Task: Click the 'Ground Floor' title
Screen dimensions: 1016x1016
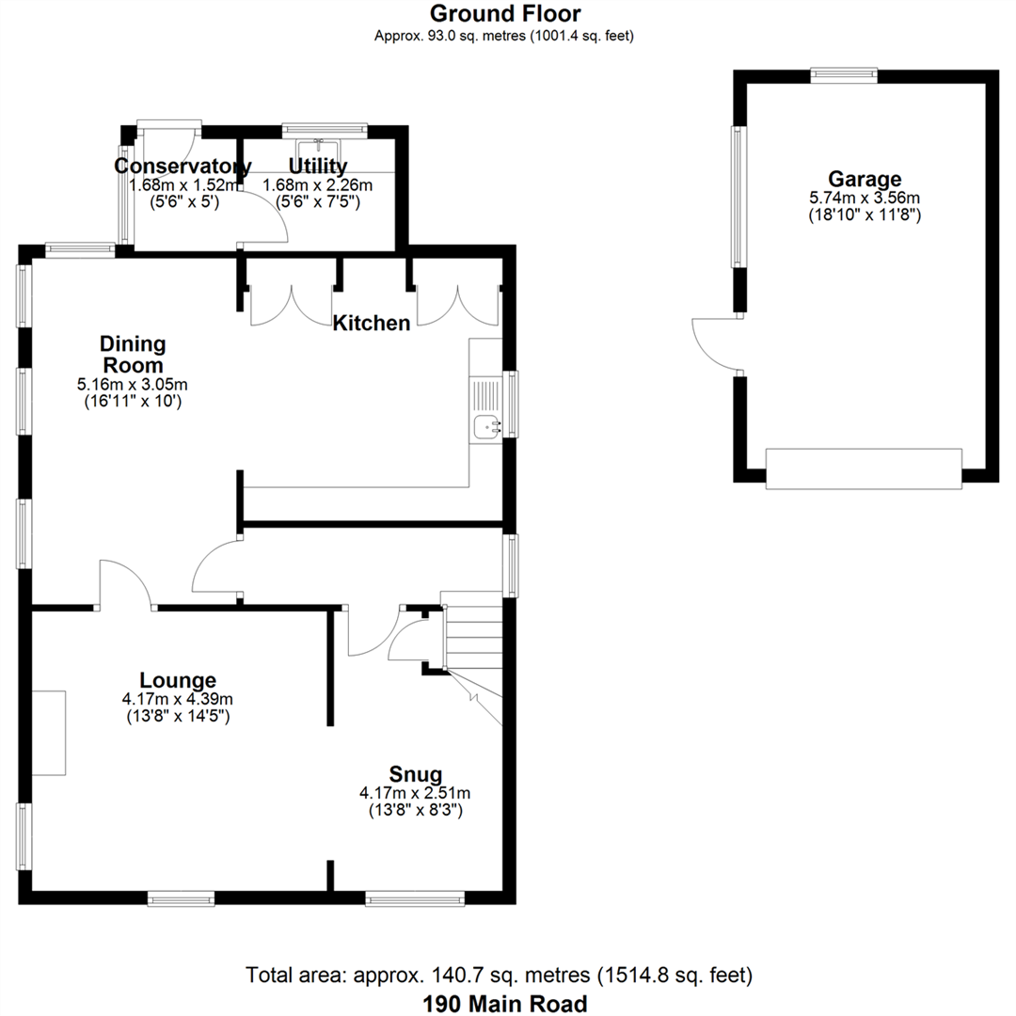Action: point(505,13)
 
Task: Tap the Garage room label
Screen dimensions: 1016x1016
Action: point(864,179)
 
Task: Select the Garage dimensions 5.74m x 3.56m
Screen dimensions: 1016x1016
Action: point(864,198)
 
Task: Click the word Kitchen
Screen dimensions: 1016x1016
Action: point(372,324)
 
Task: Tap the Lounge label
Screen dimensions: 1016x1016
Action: point(178,680)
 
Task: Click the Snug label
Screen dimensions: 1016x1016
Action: point(415,774)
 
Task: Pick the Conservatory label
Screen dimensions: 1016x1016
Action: point(183,167)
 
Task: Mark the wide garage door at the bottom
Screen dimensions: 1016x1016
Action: point(864,468)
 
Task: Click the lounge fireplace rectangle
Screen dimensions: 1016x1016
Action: point(49,732)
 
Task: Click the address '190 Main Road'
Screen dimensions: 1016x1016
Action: point(505,1003)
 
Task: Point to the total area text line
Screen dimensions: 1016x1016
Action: point(499,975)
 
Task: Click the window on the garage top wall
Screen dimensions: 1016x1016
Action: point(844,75)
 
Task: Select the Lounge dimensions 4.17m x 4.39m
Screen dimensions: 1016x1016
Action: point(179,699)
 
